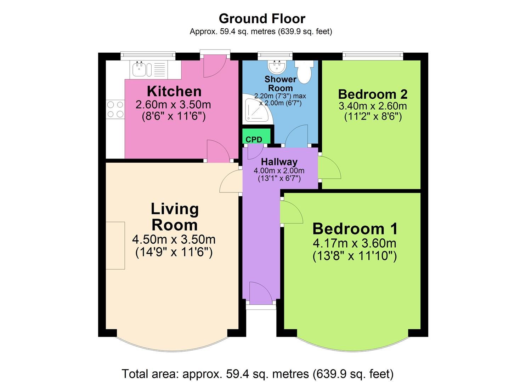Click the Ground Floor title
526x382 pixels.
coord(262,18)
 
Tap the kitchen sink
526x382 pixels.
coord(142,69)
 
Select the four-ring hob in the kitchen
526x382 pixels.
coord(115,109)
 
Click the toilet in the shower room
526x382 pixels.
coord(304,71)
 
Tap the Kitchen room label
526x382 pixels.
coord(174,91)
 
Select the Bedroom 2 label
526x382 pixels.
coord(373,94)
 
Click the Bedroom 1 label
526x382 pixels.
coord(355,229)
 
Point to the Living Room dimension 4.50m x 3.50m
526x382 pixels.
coord(174,239)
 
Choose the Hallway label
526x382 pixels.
coord(279,162)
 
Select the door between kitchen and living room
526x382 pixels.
coord(217,151)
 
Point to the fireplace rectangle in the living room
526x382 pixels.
coord(115,245)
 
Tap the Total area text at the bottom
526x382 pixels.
coord(258,374)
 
